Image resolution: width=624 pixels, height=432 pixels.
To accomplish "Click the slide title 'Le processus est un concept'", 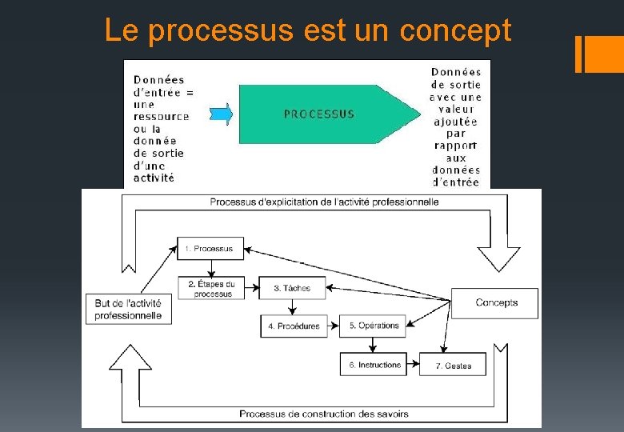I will click(308, 31).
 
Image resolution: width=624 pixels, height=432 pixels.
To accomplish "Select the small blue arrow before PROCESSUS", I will click(222, 114).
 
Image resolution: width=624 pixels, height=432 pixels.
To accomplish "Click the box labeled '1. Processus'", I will click(210, 249).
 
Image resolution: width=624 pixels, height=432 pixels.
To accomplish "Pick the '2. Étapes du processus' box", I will click(211, 288).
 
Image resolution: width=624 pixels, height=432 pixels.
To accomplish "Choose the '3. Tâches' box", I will click(292, 288).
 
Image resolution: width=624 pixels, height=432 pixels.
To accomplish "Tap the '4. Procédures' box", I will click(294, 326).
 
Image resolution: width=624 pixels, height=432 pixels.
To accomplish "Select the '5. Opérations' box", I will click(373, 326).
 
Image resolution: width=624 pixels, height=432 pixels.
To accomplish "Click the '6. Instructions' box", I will click(374, 365).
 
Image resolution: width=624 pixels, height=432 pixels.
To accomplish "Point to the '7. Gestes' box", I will click(454, 366).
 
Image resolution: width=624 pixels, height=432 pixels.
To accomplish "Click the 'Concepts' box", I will click(496, 302).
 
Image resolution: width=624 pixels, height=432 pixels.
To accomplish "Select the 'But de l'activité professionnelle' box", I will click(128, 309).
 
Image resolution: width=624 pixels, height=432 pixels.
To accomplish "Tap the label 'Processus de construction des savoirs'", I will click(323, 414).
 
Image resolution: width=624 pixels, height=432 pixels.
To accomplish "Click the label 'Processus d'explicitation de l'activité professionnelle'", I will click(324, 202).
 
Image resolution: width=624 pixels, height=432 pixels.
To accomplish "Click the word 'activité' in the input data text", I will click(154, 178).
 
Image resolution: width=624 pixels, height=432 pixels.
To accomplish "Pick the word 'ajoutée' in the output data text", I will click(456, 122).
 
